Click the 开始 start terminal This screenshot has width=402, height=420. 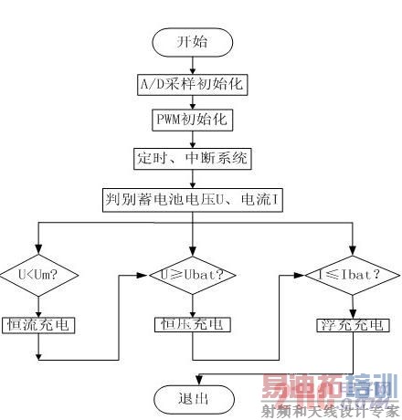tap(193, 43)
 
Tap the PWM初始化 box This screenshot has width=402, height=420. tap(193, 121)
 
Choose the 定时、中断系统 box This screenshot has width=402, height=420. tap(193, 158)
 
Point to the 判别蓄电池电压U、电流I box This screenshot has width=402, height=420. tap(193, 197)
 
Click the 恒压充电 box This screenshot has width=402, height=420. tap(193, 323)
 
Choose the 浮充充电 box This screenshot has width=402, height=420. tap(352, 323)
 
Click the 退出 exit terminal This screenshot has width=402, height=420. tap(193, 398)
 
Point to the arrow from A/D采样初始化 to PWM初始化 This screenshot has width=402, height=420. tap(193, 102)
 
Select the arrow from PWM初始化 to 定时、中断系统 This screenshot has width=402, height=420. tap(193, 140)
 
